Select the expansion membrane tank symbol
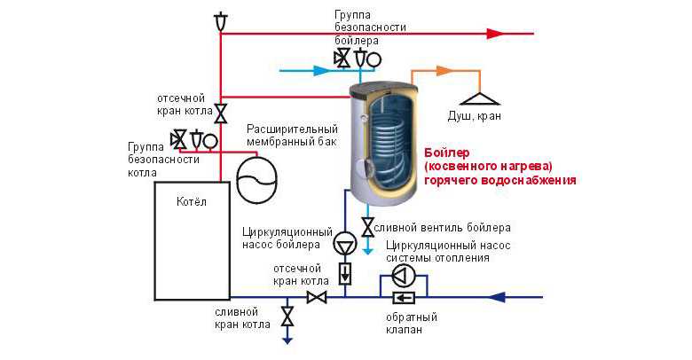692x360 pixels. tap(256, 180)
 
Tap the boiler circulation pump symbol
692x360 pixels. tap(345, 243)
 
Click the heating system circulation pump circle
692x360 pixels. tap(404, 275)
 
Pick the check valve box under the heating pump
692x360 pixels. tap(404, 298)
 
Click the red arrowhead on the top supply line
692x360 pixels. tap(496, 34)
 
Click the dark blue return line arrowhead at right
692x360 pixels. tap(497, 297)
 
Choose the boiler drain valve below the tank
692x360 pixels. tap(367, 227)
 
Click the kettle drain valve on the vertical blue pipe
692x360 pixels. tap(287, 317)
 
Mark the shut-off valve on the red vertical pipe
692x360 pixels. tap(221, 113)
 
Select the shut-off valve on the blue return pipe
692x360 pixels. tap(317, 297)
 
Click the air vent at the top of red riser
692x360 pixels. tap(220, 21)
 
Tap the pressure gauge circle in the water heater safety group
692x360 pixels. tap(374, 59)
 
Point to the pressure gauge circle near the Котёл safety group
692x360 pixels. tap(211, 141)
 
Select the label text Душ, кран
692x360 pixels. tap(475, 116)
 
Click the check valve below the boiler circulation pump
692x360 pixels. tap(345, 273)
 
